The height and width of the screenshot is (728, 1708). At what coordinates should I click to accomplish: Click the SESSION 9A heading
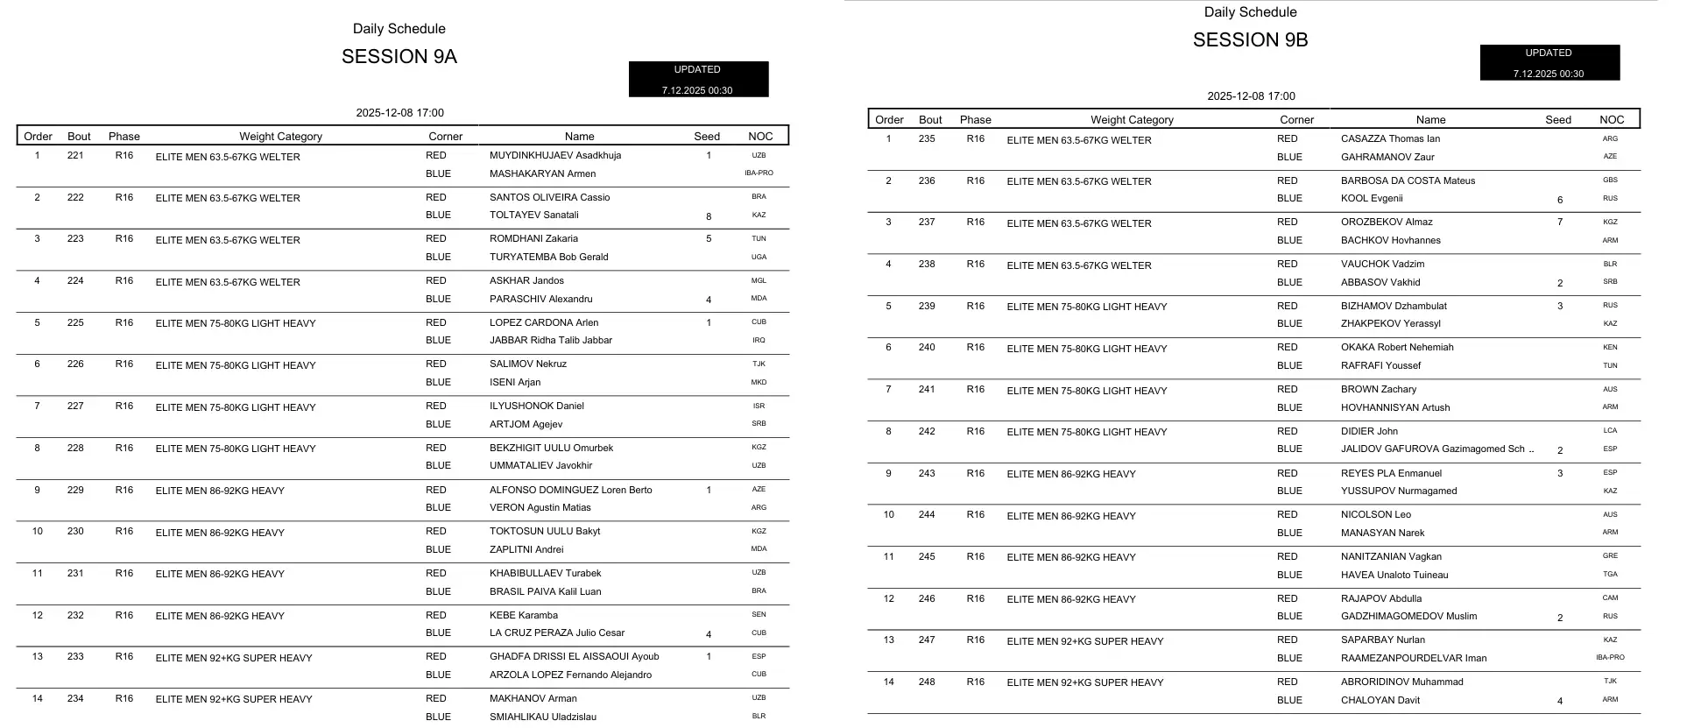(x=399, y=57)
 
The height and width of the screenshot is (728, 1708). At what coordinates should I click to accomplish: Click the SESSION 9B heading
(x=1250, y=40)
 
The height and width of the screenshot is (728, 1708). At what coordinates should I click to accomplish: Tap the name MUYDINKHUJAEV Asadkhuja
(x=555, y=156)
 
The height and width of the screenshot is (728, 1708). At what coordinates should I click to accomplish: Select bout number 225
(x=76, y=323)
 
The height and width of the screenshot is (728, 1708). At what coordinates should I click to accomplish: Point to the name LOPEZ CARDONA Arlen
(x=543, y=323)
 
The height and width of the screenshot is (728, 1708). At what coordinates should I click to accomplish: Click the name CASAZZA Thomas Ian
(x=1390, y=139)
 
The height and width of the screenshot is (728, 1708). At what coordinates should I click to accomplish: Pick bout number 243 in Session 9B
(x=927, y=474)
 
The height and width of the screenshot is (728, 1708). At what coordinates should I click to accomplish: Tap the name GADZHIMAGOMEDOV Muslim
(x=1408, y=617)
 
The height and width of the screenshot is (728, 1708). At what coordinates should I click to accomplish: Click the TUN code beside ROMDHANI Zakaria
(x=759, y=239)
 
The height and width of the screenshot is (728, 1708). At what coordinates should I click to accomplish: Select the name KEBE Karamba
(x=524, y=616)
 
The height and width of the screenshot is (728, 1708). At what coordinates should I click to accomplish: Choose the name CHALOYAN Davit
(x=1380, y=701)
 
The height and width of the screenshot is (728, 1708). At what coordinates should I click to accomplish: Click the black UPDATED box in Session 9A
(x=698, y=79)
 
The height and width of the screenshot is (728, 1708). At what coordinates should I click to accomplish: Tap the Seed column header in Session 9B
(x=1558, y=120)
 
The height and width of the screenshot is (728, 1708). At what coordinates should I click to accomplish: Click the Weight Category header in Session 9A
(x=280, y=137)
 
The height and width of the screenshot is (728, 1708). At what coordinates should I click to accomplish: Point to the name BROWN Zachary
(x=1379, y=390)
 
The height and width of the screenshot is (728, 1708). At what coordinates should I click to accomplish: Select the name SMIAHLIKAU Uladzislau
(x=543, y=717)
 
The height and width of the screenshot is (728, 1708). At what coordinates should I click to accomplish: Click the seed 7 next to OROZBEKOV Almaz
(x=1560, y=223)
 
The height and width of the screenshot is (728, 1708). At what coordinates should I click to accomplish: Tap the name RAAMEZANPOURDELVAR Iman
(x=1414, y=659)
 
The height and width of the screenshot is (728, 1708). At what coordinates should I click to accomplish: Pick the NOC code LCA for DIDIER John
(x=1610, y=431)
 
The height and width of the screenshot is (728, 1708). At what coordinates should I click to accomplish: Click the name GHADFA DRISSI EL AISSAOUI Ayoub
(x=574, y=657)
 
